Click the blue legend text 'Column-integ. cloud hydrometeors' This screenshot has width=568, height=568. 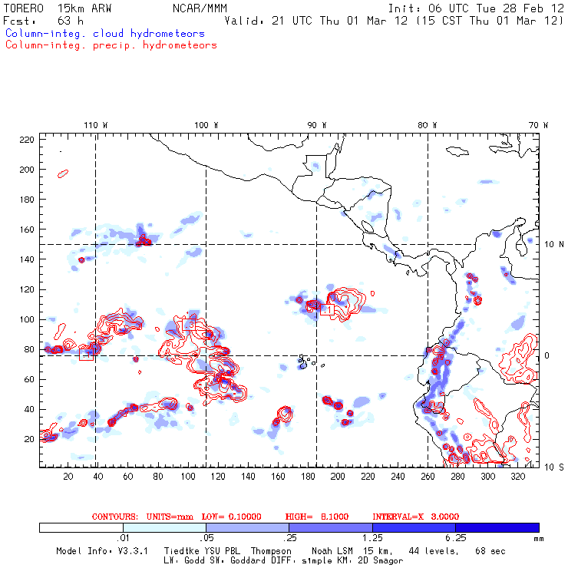tap(104, 34)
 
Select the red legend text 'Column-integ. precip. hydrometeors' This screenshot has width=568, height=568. tap(111, 45)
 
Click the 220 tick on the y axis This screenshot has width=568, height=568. tap(27, 140)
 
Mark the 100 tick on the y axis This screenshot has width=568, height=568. tap(27, 319)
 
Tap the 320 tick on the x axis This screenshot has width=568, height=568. tap(517, 477)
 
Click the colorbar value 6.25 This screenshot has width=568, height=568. tap(456, 539)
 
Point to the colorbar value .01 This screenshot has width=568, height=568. tap(123, 539)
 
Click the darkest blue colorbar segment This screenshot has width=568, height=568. tap(497, 527)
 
